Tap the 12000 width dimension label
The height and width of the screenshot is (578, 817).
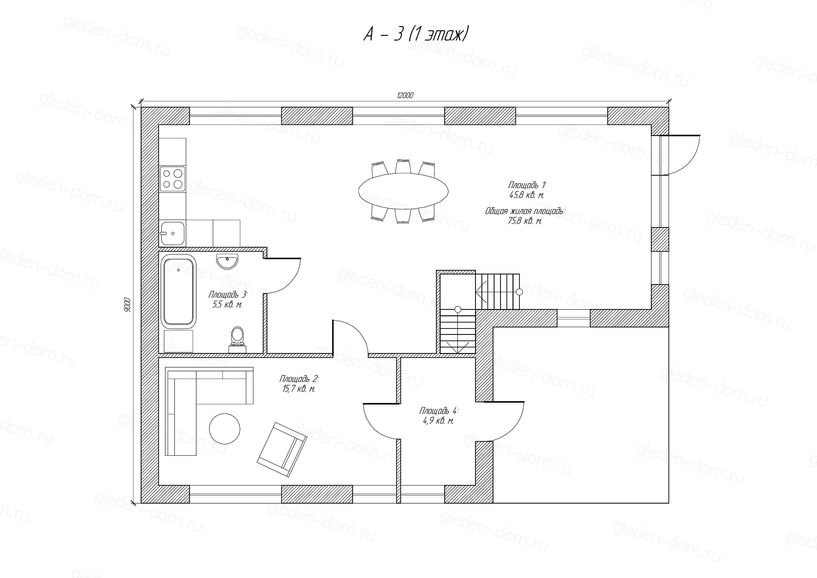(405, 95)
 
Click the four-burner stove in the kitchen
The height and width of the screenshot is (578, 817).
(172, 179)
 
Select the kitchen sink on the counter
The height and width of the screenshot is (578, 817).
(172, 234)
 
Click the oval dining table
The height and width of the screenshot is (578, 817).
(403, 191)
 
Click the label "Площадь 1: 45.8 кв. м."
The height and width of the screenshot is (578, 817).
(527, 190)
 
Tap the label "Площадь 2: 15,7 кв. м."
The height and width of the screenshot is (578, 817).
(299, 383)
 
